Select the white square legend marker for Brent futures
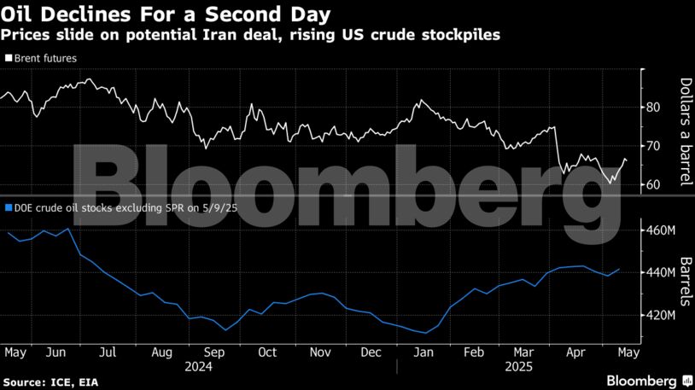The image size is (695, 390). (x=9, y=58)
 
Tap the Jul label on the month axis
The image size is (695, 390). (x=108, y=352)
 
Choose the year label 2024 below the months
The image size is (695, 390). (x=197, y=366)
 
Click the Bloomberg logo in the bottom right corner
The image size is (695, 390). (x=642, y=379)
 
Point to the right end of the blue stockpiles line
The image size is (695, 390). (x=619, y=269)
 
